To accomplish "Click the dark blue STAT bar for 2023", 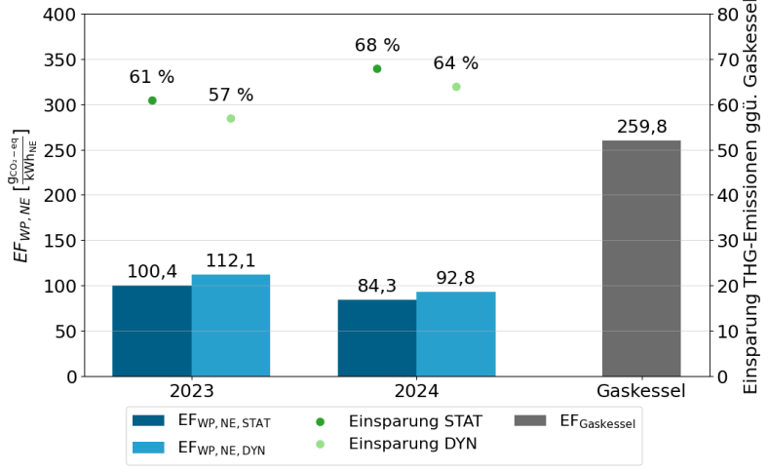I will tap(152, 331).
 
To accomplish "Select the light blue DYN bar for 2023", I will tap(231, 326).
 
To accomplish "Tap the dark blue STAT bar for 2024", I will tap(377, 337).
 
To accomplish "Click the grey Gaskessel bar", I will tap(641, 258).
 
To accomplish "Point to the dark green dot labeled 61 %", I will tap(152, 100).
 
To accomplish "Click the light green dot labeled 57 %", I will tap(231, 119).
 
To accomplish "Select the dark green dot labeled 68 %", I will tap(377, 69).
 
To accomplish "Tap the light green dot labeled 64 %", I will tap(456, 87).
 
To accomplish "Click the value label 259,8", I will tap(641, 128).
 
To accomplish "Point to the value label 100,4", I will tap(152, 272).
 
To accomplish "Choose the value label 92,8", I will tap(456, 279).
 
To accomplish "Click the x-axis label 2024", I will tap(416, 392).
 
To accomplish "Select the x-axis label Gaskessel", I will tap(641, 392).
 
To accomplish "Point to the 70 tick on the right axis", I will tap(727, 60).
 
